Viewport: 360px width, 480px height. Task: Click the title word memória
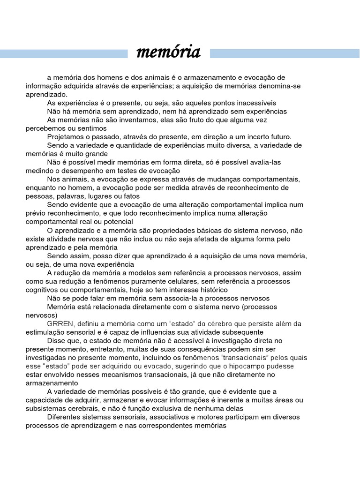[x=168, y=52]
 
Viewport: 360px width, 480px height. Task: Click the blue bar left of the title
[x=64, y=54]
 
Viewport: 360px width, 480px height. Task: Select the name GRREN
[x=60, y=324]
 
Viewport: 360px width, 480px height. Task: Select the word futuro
[x=278, y=137]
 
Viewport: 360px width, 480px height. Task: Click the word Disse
[x=57, y=341]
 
